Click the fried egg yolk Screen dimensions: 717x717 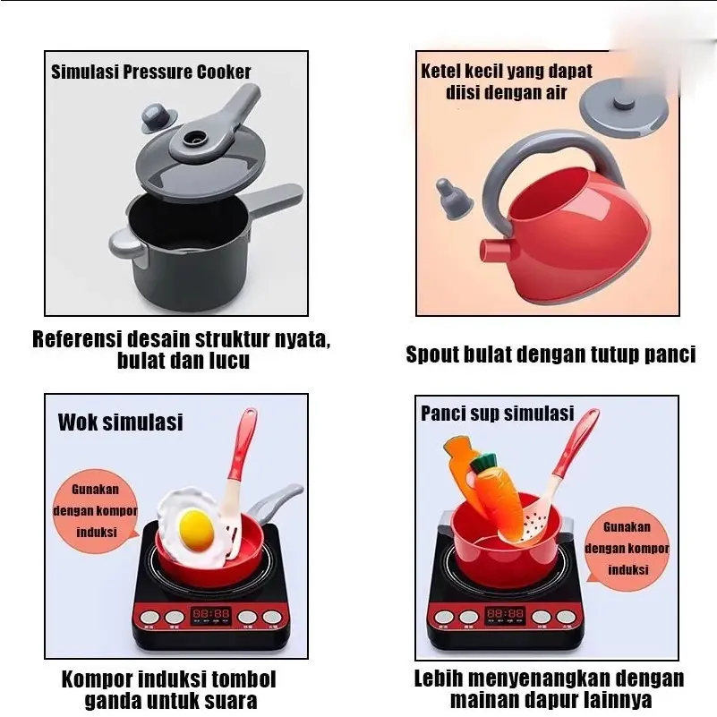click(x=197, y=531)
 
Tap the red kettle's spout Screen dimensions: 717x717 click(x=495, y=250)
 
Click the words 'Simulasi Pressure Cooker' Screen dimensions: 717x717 click(x=151, y=73)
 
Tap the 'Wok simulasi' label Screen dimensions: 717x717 click(x=120, y=423)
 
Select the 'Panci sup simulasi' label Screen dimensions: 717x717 click(x=497, y=414)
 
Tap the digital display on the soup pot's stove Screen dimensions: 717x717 click(x=505, y=614)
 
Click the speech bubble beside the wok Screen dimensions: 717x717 click(x=96, y=510)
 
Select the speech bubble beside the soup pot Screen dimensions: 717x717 click(x=627, y=547)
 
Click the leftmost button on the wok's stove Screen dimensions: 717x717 click(x=149, y=617)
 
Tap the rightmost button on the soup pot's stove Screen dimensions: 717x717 click(x=567, y=617)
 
